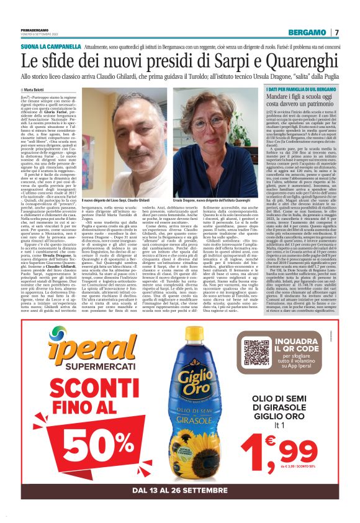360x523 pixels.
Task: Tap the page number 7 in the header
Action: point(336,32)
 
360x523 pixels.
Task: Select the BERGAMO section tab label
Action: point(308,32)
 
